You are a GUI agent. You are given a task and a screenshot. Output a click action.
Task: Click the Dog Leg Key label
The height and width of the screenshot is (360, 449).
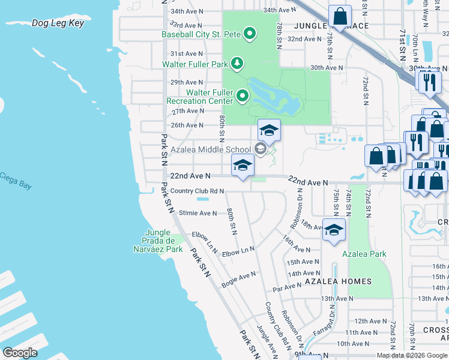click(58, 24)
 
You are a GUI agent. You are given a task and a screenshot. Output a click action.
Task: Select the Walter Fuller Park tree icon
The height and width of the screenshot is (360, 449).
click(238, 63)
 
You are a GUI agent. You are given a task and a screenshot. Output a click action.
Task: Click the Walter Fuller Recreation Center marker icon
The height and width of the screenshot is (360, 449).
click(243, 95)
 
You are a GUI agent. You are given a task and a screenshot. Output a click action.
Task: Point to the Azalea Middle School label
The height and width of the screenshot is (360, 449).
click(210, 149)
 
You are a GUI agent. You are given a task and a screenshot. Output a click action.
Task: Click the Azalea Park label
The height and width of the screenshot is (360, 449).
click(364, 254)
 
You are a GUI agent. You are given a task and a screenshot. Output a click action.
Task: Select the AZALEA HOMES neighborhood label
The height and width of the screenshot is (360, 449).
click(338, 281)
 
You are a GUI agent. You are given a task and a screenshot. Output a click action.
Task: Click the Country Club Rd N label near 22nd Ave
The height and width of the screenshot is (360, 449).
click(197, 191)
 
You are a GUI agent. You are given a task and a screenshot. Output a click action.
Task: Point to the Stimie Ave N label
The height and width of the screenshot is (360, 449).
click(198, 213)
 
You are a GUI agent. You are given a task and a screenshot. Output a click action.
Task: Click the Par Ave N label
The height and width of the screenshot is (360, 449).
click(287, 287)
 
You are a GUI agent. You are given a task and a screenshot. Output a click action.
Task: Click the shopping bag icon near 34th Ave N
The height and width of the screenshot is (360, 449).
click(340, 16)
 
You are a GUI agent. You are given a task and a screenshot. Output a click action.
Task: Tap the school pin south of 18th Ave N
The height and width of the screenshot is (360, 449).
click(334, 229)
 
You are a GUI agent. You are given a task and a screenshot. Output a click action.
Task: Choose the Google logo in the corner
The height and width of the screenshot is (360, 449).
click(20, 353)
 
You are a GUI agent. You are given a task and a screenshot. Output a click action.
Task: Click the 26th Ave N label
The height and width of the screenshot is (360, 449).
click(187, 125)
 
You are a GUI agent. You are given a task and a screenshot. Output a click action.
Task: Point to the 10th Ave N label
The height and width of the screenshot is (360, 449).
click(353, 344)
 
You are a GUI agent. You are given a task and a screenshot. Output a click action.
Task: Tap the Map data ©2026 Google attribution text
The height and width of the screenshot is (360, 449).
click(412, 355)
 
